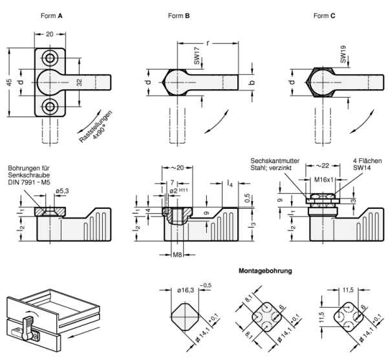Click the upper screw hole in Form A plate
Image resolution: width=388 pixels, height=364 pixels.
(50, 59)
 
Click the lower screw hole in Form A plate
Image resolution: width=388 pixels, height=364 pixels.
(50, 105)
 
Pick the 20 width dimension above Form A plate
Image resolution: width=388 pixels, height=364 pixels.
(50, 34)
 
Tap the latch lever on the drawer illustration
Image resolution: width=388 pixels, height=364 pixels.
(28, 327)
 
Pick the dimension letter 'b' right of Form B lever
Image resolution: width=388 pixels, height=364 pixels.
(253, 82)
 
